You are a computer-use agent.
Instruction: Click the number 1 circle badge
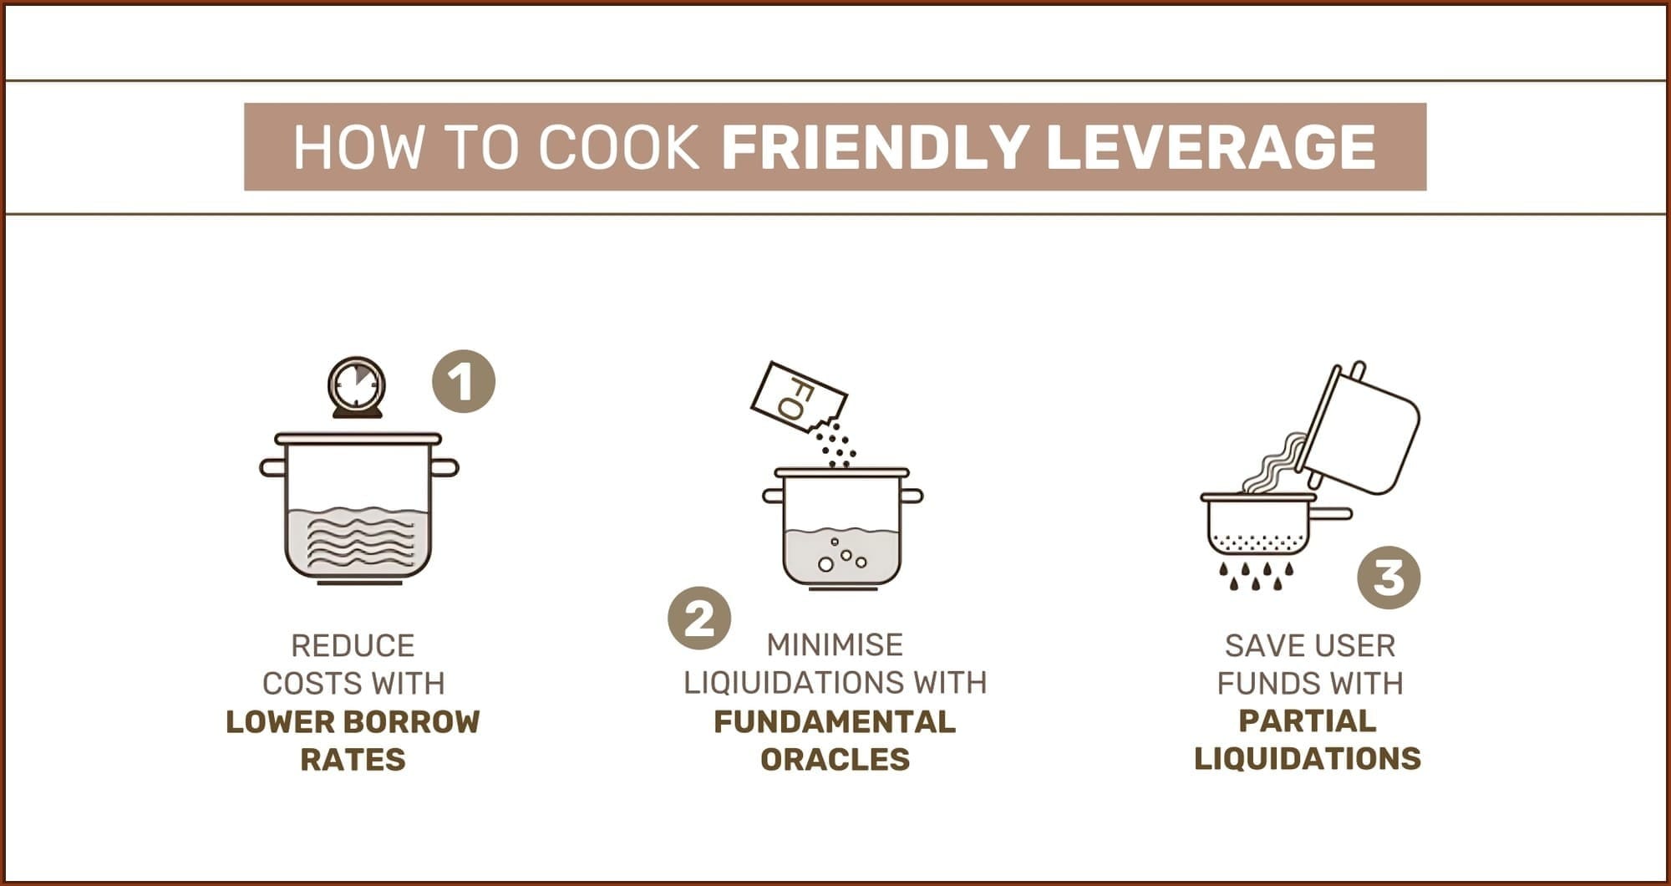click(x=463, y=381)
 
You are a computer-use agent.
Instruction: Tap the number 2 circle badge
click(x=699, y=619)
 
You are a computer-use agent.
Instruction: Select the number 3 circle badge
click(x=1389, y=577)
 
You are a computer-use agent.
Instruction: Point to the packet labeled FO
click(x=799, y=397)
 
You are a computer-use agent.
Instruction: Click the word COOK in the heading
click(x=617, y=147)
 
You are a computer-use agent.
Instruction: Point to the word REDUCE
click(x=353, y=645)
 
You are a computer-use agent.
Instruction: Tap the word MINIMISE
click(x=835, y=644)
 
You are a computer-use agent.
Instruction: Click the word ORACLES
click(x=835, y=759)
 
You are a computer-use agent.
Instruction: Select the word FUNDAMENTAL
click(x=835, y=721)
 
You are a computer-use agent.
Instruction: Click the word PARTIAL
click(x=1307, y=721)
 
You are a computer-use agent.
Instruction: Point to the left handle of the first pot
click(x=272, y=467)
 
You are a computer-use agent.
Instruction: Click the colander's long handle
click(x=1333, y=513)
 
